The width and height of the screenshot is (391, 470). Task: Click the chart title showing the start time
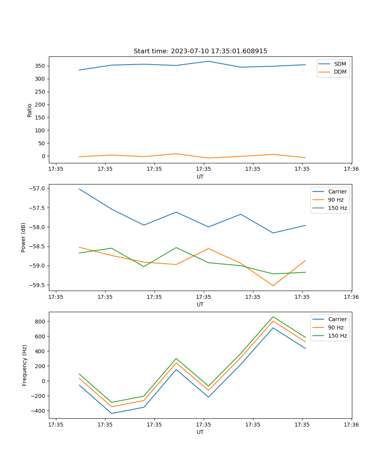(x=200, y=51)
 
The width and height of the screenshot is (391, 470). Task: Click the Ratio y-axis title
(x=30, y=110)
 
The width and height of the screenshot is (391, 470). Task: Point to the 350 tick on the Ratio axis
(x=40, y=66)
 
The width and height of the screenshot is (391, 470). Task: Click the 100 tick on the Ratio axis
(x=40, y=130)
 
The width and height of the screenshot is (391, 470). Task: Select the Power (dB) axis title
(x=23, y=237)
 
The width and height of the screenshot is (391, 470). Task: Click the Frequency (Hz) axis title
(x=25, y=365)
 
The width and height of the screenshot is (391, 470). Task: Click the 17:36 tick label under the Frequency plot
(x=351, y=424)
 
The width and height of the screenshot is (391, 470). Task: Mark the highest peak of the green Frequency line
(x=273, y=316)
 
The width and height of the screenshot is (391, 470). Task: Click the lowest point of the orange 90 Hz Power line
(x=273, y=286)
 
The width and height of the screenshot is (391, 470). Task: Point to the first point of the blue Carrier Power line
(x=79, y=189)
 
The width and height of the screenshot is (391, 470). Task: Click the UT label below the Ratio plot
(x=200, y=177)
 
